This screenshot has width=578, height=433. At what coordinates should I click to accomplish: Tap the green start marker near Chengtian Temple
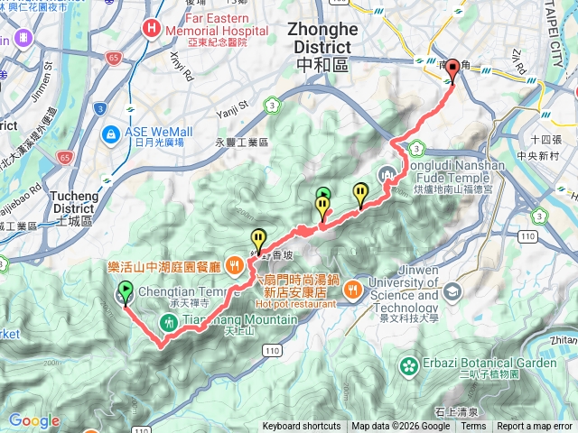(124, 291)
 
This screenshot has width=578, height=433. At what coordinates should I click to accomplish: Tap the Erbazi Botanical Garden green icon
(409, 365)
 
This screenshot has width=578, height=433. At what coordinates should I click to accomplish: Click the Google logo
(34, 420)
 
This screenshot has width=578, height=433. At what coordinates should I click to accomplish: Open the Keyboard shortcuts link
(302, 427)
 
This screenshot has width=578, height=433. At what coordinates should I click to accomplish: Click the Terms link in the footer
(473, 427)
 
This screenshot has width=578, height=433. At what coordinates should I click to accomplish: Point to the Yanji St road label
(231, 113)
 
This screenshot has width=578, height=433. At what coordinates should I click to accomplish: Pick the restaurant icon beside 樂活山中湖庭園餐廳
(235, 265)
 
